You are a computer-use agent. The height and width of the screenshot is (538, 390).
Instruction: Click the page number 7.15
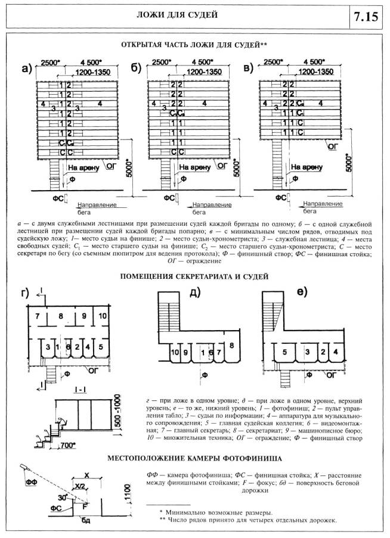[366, 15]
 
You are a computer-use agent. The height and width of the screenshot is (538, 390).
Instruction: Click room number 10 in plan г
[102, 315]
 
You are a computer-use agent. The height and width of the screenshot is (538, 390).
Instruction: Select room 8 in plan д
[231, 346]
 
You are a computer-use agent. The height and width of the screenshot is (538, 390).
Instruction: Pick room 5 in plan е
[285, 353]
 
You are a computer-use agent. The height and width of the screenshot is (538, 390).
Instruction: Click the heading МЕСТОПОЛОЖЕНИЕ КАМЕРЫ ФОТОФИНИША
[194, 459]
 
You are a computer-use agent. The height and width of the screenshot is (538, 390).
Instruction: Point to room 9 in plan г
[84, 315]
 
